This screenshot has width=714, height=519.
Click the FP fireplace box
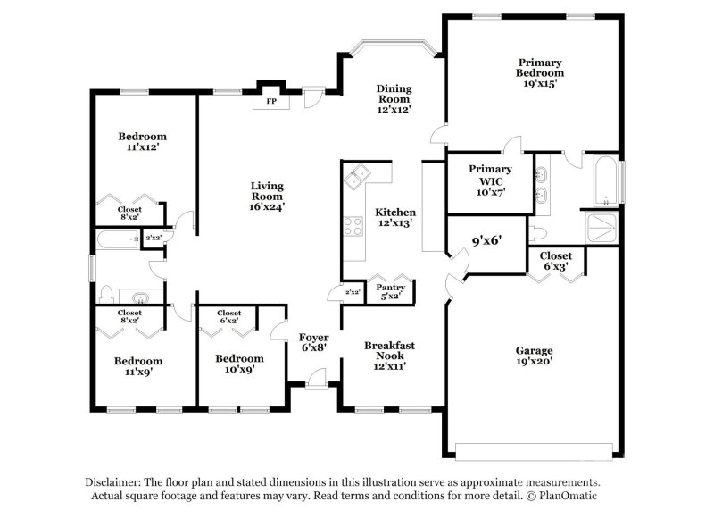270,101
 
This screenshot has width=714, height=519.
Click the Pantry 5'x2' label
392,292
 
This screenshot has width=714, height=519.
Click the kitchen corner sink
359,176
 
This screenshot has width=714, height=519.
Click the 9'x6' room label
486,240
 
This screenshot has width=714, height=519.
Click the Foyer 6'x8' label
313,342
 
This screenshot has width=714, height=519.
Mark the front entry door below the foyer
314,381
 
